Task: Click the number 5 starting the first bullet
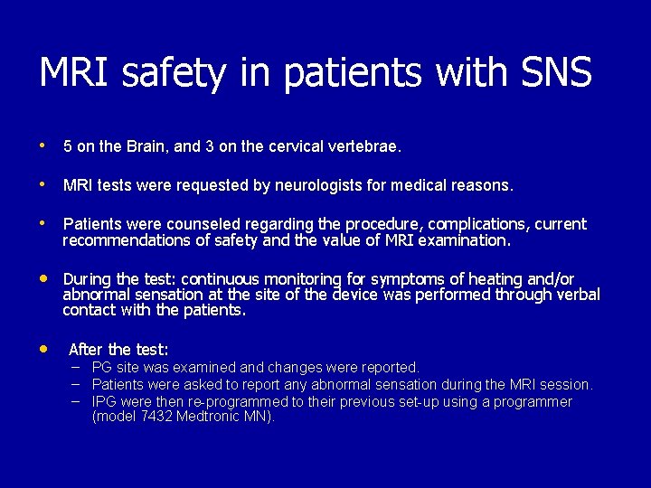(68, 145)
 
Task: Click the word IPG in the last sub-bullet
(106, 401)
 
